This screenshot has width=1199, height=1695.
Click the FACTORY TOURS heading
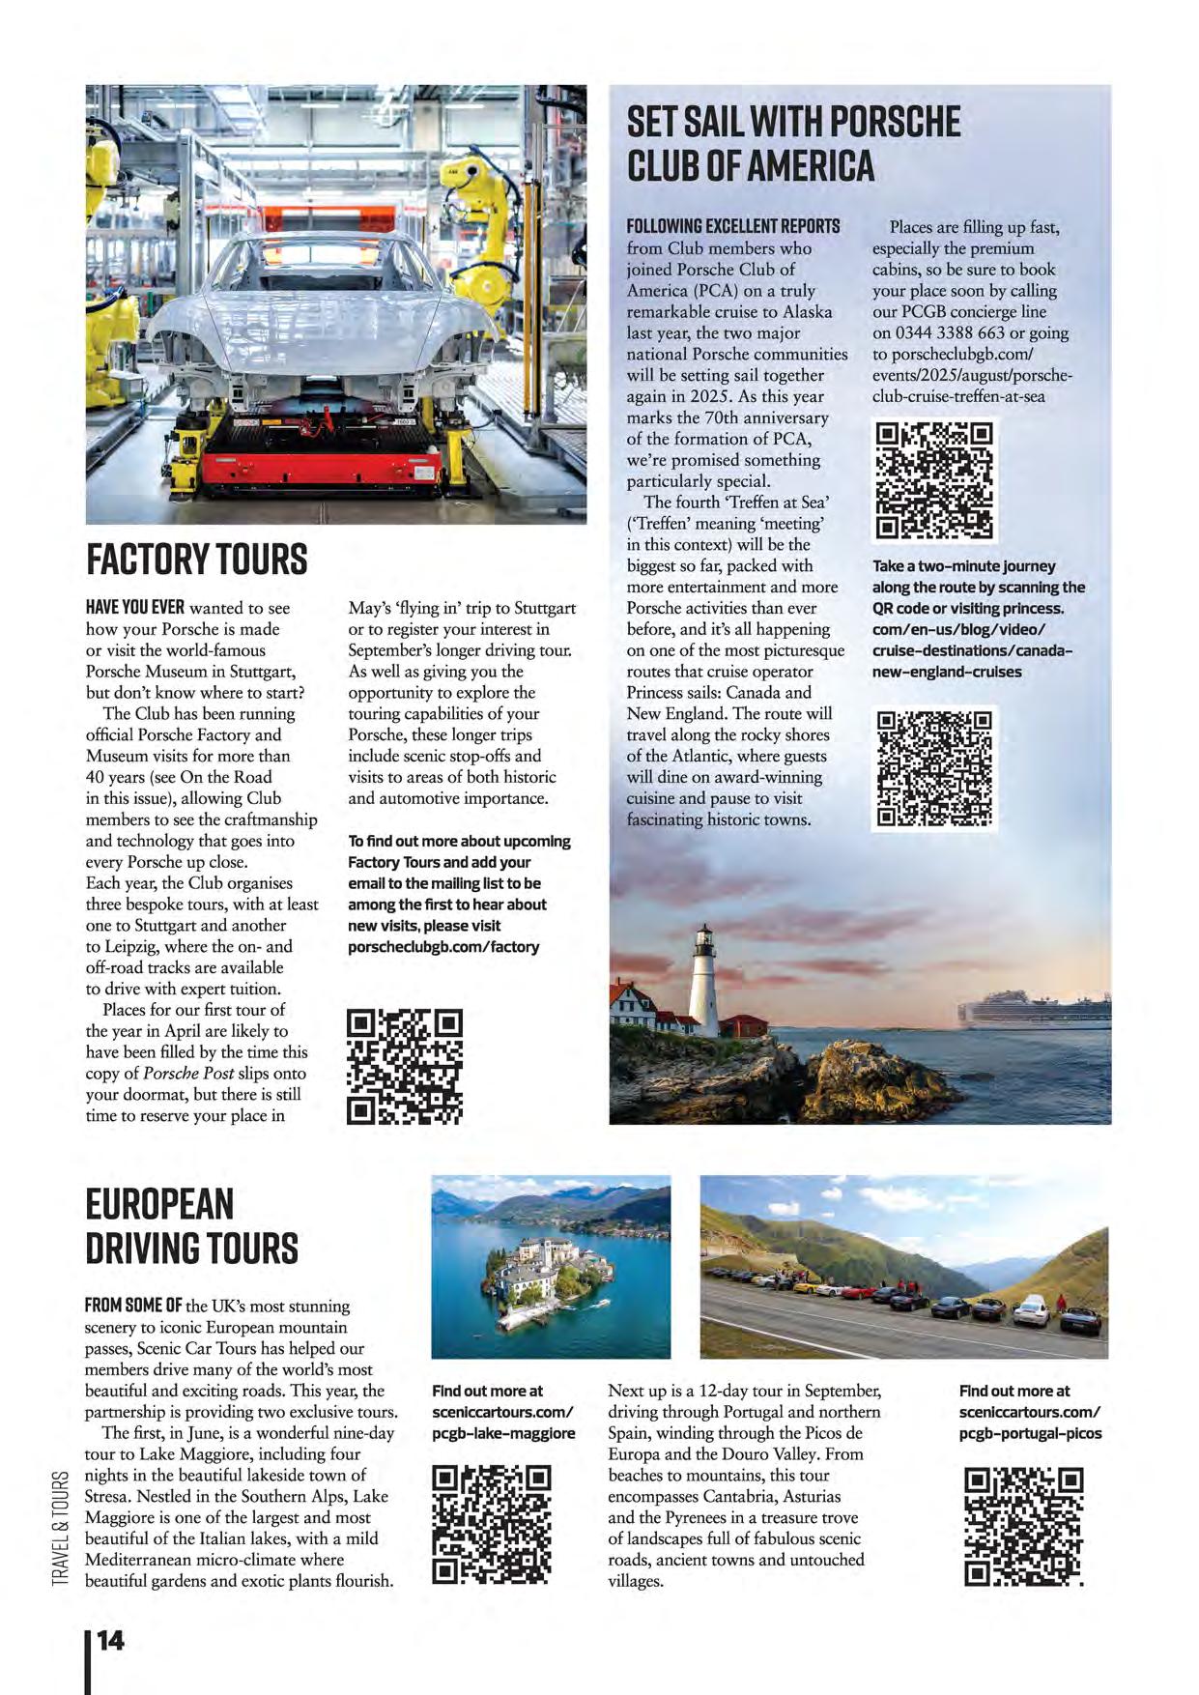tap(197, 560)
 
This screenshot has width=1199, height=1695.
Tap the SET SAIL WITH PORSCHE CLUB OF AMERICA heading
tap(793, 144)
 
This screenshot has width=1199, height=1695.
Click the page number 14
tap(111, 1640)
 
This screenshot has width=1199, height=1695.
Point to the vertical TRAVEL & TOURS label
tap(61, 1528)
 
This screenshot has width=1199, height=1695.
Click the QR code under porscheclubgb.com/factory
tap(404, 1066)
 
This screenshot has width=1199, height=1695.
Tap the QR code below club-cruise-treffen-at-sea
tap(934, 480)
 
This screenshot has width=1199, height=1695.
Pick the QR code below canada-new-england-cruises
tap(934, 768)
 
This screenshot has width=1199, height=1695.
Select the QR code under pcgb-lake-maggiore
tap(492, 1524)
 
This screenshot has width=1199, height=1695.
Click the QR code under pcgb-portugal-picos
tap(1023, 1526)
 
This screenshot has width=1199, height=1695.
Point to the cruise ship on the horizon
tap(1034, 1010)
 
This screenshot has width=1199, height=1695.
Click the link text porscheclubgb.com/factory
tap(443, 947)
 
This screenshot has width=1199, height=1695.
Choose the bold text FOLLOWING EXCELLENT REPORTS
tap(733, 227)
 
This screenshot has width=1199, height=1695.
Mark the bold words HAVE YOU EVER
tap(134, 608)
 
